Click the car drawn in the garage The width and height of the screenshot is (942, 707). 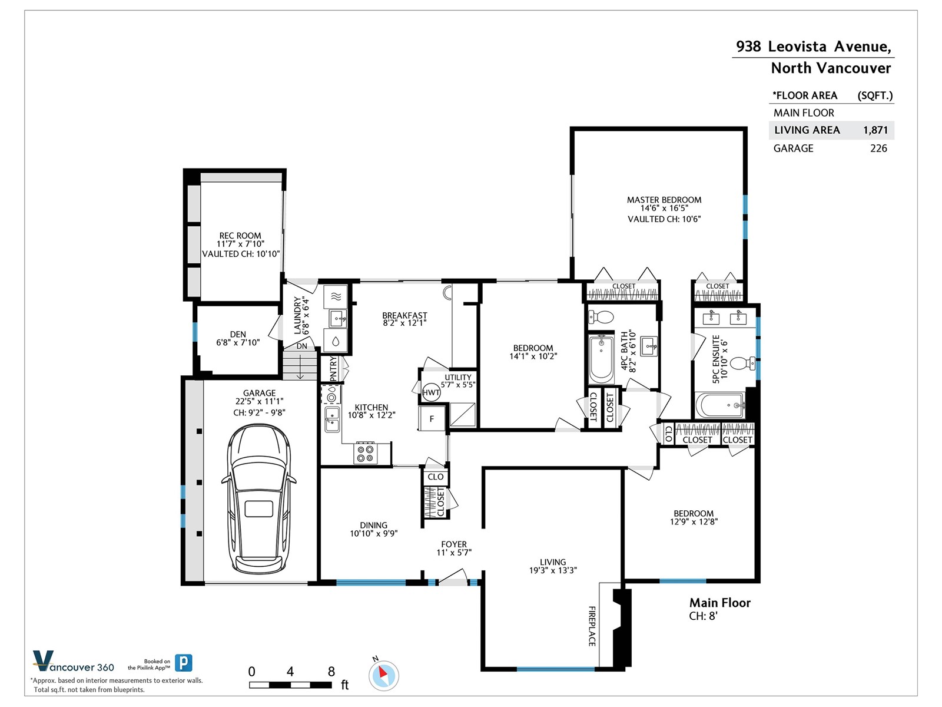coord(258,498)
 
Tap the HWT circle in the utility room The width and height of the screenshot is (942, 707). coord(431,392)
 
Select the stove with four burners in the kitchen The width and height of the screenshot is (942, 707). coord(366,454)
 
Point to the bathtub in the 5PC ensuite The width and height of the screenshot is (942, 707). coord(720,405)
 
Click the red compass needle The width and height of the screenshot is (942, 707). coord(382,672)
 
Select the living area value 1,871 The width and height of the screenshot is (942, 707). coord(875,130)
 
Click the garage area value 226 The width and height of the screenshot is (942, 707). coord(878,148)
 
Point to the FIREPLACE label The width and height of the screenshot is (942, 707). coord(592,626)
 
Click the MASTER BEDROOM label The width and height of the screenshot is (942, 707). coord(664,200)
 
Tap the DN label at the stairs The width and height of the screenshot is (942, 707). coord(301,346)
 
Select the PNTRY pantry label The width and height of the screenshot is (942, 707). coord(333,369)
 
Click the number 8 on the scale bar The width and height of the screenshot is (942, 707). coord(331,672)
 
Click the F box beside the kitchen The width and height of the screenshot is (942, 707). coord(432,418)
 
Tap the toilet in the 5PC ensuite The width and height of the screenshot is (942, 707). coord(742,363)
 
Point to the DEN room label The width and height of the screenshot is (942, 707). coord(238,335)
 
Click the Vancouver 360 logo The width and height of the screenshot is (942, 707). coord(74,662)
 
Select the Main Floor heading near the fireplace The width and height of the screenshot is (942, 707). coord(719,603)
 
